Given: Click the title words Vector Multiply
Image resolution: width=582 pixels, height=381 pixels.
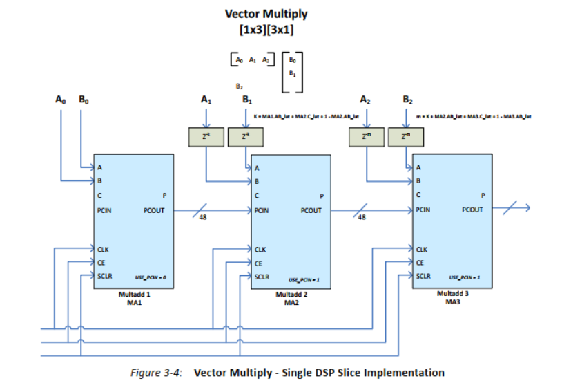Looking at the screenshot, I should [266, 14].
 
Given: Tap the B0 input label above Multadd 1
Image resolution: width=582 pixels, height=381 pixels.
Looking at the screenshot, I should [83, 100].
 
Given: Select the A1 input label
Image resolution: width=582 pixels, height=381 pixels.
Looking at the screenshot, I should [206, 100].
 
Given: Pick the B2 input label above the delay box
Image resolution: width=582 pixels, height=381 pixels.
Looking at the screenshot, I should [407, 101].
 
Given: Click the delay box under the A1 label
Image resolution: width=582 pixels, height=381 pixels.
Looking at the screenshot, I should [206, 137].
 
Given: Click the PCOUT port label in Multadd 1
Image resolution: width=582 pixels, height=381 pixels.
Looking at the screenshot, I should [154, 211].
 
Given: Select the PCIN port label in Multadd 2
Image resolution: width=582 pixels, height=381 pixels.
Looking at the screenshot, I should [262, 211].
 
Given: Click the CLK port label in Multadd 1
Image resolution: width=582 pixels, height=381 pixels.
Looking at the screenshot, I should [104, 248].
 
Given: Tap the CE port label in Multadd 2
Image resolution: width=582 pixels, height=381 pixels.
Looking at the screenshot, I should [259, 263].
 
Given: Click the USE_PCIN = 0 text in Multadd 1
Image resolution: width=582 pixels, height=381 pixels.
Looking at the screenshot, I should [151, 277].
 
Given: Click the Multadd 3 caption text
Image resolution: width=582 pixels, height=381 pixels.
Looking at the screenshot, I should [453, 293].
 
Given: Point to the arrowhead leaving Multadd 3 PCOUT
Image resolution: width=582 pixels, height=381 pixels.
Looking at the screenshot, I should [526, 207].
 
